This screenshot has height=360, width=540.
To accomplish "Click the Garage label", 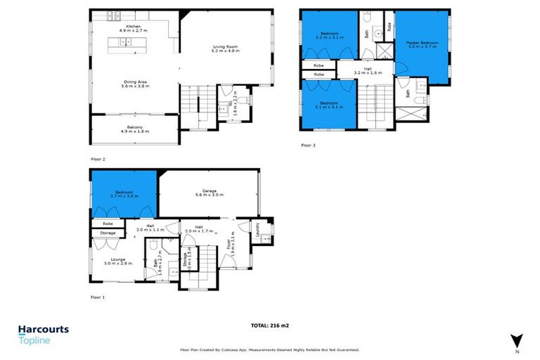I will click(x=208, y=191).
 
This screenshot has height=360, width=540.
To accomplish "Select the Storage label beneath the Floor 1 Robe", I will click(x=108, y=233).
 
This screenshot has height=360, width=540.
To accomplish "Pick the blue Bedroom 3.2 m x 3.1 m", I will click(x=330, y=35).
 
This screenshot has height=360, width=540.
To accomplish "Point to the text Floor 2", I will click(x=98, y=160).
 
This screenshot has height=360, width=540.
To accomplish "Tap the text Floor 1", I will click(x=98, y=297).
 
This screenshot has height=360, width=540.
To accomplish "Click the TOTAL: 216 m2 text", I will click(x=269, y=326).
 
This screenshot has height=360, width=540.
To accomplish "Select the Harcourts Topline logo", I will click(x=43, y=333).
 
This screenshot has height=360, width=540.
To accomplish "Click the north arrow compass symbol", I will click(x=517, y=340).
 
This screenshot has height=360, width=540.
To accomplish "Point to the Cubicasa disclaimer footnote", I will click(x=269, y=349).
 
